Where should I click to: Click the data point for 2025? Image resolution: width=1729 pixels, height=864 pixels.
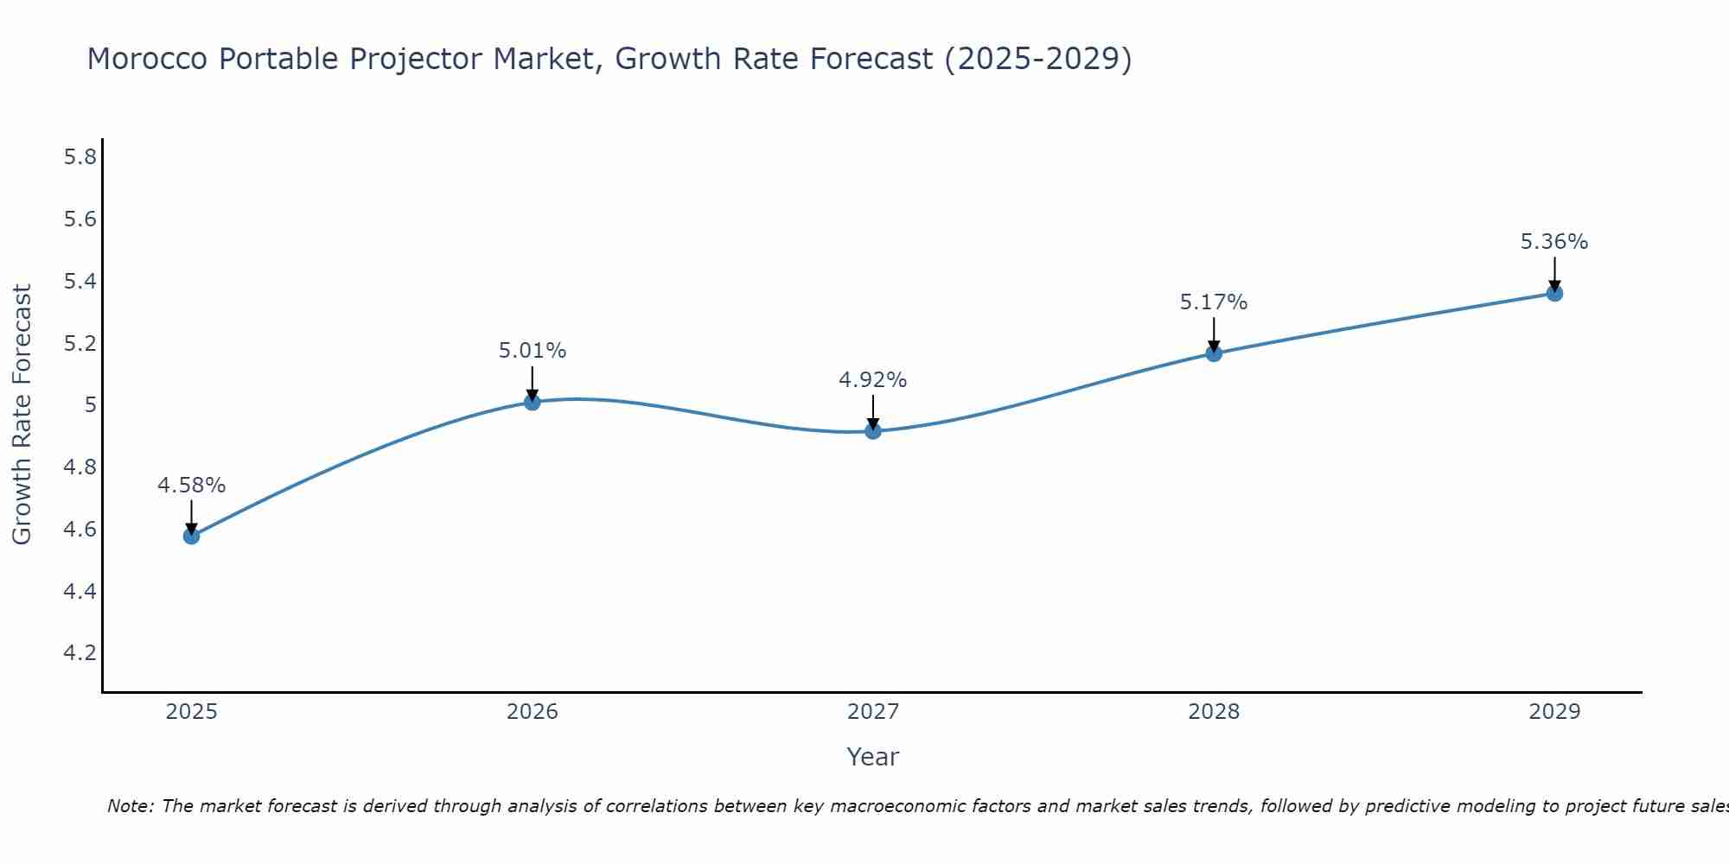click(x=191, y=536)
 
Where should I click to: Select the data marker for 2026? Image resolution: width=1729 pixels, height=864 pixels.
click(x=532, y=402)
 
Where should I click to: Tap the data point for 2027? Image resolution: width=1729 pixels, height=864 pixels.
click(x=873, y=430)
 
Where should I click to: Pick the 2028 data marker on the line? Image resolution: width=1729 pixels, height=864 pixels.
click(x=1214, y=353)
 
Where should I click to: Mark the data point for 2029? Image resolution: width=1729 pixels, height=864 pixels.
click(x=1554, y=293)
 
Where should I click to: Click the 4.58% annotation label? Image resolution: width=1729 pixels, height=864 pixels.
click(x=191, y=486)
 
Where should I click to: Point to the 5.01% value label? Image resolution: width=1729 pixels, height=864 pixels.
click(x=532, y=351)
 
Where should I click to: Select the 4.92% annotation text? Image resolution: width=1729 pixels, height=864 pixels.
click(x=873, y=380)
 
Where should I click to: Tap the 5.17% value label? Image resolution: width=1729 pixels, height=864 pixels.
click(x=1214, y=302)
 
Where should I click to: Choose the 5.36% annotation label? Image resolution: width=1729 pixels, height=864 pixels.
click(x=1554, y=242)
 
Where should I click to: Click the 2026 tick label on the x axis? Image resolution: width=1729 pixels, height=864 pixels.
click(x=532, y=712)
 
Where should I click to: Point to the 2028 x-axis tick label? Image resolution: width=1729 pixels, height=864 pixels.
click(x=1214, y=712)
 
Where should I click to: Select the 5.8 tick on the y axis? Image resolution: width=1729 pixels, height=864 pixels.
click(x=80, y=157)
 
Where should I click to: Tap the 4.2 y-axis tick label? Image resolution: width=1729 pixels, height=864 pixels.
click(x=80, y=653)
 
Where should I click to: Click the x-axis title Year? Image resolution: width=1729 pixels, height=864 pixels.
click(x=873, y=757)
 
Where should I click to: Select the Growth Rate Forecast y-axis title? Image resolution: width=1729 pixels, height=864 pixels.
click(x=22, y=415)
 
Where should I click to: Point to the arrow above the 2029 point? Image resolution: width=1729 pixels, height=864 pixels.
click(x=1554, y=272)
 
